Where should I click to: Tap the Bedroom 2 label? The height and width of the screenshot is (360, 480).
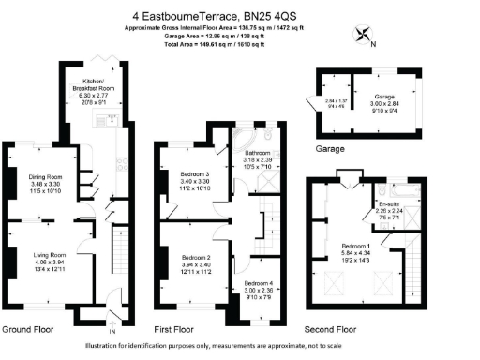tap(195, 257)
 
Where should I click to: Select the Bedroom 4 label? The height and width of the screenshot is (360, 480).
tap(260, 282)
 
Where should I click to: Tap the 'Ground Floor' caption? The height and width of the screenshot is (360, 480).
tap(27, 330)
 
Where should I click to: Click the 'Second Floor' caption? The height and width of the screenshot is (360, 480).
tap(331, 330)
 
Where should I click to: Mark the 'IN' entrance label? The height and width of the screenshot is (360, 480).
tap(112, 332)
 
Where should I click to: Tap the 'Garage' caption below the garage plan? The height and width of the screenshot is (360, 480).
tap(330, 148)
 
